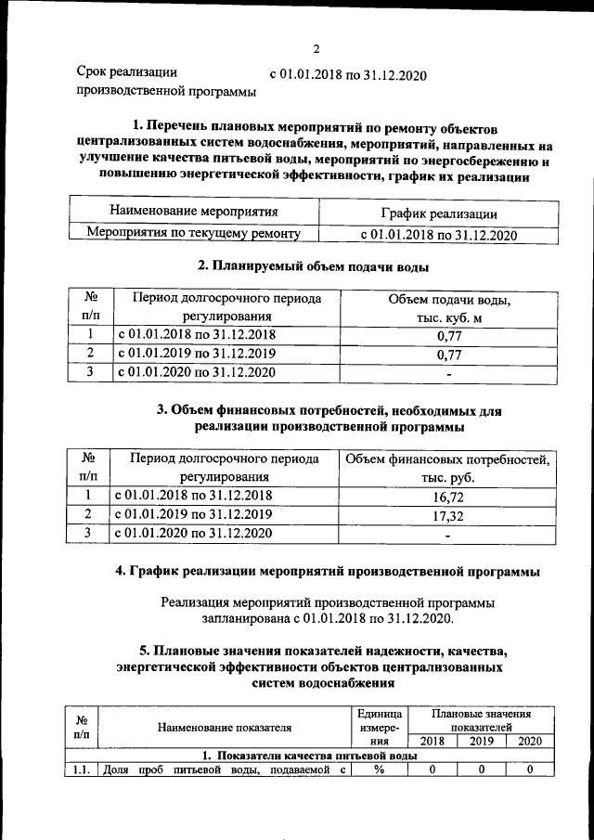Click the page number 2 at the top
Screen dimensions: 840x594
pos(316,49)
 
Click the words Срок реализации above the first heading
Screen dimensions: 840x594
pos(126,71)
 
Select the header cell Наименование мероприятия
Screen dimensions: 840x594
pos(194,212)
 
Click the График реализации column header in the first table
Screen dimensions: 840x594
pos(438,213)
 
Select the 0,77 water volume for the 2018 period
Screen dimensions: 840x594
pos(448,337)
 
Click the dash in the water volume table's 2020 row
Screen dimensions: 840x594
pos(448,374)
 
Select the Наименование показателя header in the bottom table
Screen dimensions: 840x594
pos(224,727)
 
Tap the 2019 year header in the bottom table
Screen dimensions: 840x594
pos(481,742)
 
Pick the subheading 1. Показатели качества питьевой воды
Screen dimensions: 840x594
pos(309,756)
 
